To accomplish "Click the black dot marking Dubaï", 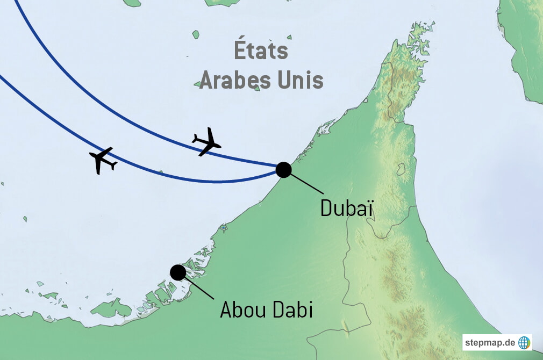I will click(283, 170).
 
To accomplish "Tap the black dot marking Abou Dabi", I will click(177, 272).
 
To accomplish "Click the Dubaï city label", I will click(347, 208).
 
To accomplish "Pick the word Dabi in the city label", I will click(292, 311).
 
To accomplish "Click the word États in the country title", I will click(261, 52).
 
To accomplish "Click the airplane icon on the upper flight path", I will click(206, 142).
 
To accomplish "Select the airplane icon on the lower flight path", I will click(103, 160).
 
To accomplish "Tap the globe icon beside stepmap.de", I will click(524, 342).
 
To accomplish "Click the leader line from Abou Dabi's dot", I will click(198, 286).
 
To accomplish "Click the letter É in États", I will click(241, 52).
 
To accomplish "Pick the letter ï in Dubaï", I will click(369, 208).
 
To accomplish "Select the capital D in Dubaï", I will click(326, 208).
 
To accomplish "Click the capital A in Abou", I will click(226, 311).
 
